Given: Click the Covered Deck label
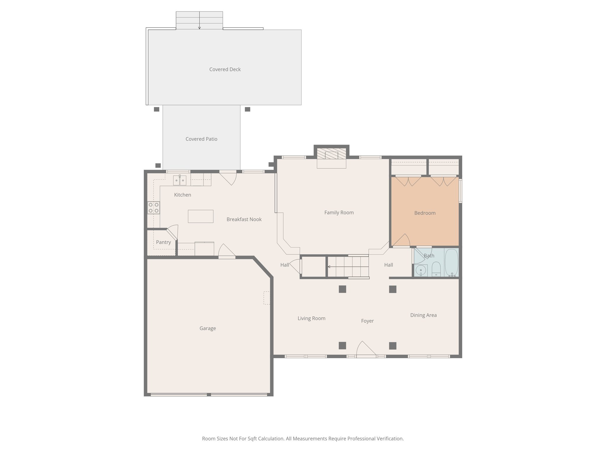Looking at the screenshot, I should [x=225, y=69].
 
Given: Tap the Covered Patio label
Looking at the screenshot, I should [x=201, y=139].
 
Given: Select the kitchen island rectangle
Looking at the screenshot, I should [x=201, y=216].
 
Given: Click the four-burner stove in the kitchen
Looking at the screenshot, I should [x=154, y=207].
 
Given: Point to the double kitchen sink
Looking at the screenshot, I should [x=180, y=180].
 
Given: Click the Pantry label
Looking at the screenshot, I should [x=163, y=242].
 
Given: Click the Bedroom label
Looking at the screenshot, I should [x=425, y=213].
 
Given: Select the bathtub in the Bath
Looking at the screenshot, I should [x=451, y=262].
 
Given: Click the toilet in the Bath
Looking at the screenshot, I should [x=436, y=270].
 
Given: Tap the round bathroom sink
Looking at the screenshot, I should [x=420, y=270].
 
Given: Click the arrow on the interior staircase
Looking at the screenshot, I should [x=329, y=267].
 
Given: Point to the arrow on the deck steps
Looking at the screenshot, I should [x=199, y=28].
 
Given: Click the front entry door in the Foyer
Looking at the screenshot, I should [x=366, y=350].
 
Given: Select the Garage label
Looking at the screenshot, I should [x=207, y=328].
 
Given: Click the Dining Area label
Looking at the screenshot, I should [x=423, y=315].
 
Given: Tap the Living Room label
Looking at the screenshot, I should [x=311, y=319].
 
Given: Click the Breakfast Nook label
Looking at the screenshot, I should [x=244, y=219].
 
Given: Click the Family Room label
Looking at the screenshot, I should [x=339, y=213].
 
